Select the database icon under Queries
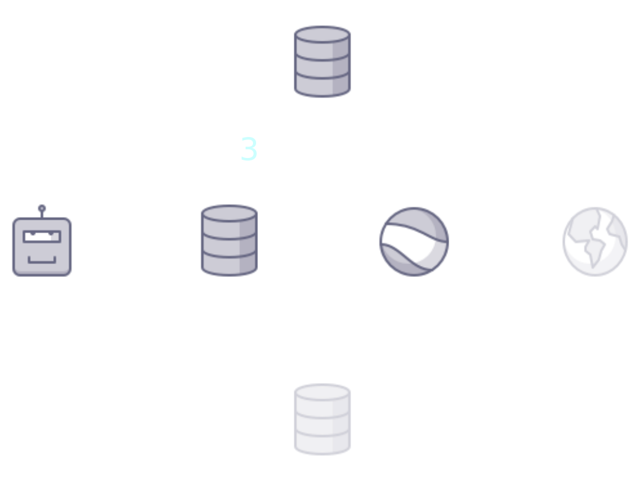[x=322, y=61]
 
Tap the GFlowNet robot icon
[x=42, y=246]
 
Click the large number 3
[x=248, y=150]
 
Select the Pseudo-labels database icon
[x=229, y=241]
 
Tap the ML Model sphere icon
[x=413, y=242]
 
